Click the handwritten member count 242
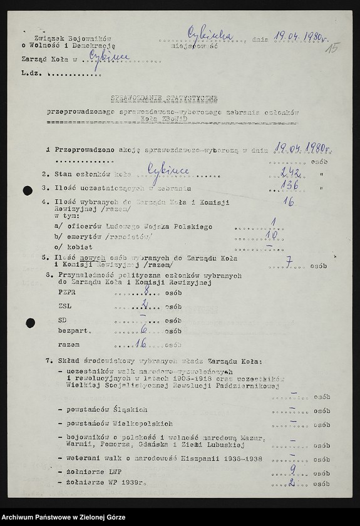point(291,173)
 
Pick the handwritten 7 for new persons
point(289,261)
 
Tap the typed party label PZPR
point(66,292)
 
